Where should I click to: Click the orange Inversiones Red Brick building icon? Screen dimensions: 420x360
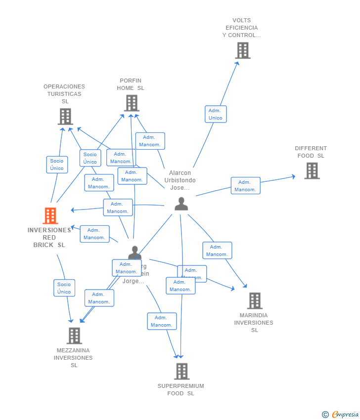50,215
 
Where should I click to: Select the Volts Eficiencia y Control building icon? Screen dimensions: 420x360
242,50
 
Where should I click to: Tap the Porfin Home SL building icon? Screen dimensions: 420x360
131,103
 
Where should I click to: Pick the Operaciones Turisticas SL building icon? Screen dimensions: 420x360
65,117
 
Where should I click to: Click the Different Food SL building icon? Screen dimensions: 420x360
312,170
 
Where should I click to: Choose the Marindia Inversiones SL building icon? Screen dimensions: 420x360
254,300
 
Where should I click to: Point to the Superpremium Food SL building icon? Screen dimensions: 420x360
181,371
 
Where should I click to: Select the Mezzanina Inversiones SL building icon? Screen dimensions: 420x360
74,336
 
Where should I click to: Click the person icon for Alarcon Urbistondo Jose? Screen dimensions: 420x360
181,204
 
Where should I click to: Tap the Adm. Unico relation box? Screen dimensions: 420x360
216,114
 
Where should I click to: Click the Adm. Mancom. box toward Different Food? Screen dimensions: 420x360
245,186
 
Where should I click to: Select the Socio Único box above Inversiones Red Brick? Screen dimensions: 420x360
57,165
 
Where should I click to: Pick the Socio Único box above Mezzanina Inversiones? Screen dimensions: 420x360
64,288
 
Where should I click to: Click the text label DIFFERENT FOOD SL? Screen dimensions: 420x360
311,152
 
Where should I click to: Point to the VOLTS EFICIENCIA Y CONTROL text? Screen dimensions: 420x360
241,28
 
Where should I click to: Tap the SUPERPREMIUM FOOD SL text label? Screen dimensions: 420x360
180,389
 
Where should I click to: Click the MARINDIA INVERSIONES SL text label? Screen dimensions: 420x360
254,323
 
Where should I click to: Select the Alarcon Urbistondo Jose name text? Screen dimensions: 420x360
180,180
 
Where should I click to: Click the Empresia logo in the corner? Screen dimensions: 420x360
340,414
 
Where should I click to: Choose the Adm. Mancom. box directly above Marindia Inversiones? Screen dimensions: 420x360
217,251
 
